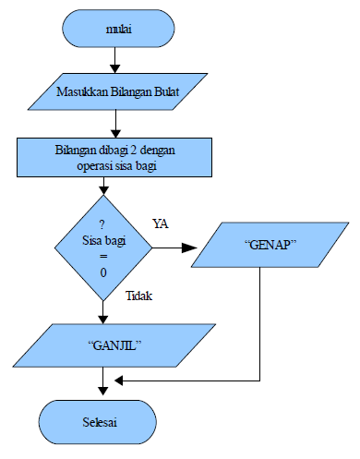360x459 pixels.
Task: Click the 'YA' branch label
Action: click(x=160, y=223)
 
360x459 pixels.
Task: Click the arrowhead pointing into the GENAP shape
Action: click(x=189, y=248)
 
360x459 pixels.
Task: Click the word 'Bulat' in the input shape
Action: click(x=163, y=93)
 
